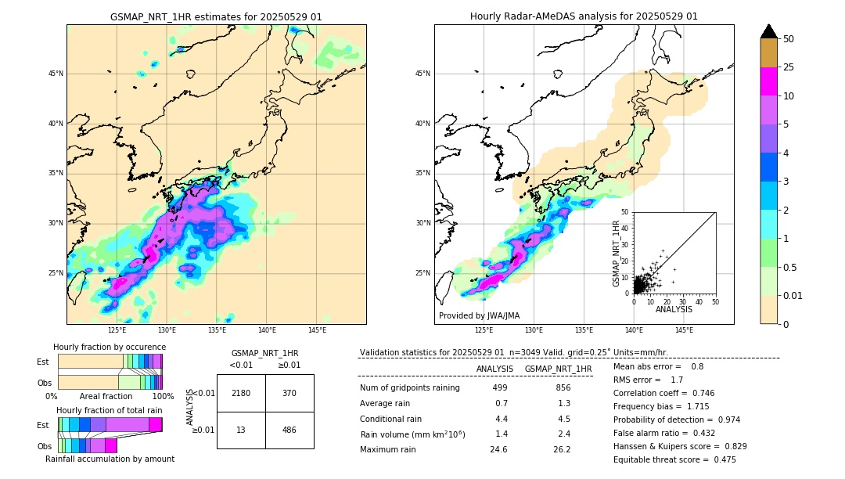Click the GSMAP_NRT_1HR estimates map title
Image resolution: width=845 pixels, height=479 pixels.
(x=216, y=16)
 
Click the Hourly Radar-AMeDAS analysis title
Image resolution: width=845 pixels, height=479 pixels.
(x=584, y=16)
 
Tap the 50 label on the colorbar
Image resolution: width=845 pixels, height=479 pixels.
(x=789, y=39)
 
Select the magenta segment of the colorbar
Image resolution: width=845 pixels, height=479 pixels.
(x=769, y=81)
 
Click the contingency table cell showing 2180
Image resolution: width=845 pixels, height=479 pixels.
(x=241, y=393)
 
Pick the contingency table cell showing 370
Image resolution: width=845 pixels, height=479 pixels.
(x=289, y=393)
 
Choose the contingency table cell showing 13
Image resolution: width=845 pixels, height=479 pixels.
(x=241, y=430)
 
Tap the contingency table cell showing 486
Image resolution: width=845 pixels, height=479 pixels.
(x=289, y=430)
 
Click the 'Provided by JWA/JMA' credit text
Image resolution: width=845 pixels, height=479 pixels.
(x=479, y=316)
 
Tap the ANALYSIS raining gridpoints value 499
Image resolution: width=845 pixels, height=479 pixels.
(x=500, y=387)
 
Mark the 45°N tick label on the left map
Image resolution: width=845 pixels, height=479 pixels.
(x=56, y=74)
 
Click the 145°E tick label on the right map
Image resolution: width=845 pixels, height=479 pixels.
(x=684, y=330)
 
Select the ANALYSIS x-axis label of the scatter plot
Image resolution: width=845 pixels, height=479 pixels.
(x=674, y=310)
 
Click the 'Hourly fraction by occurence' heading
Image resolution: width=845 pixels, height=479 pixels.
(x=110, y=347)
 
